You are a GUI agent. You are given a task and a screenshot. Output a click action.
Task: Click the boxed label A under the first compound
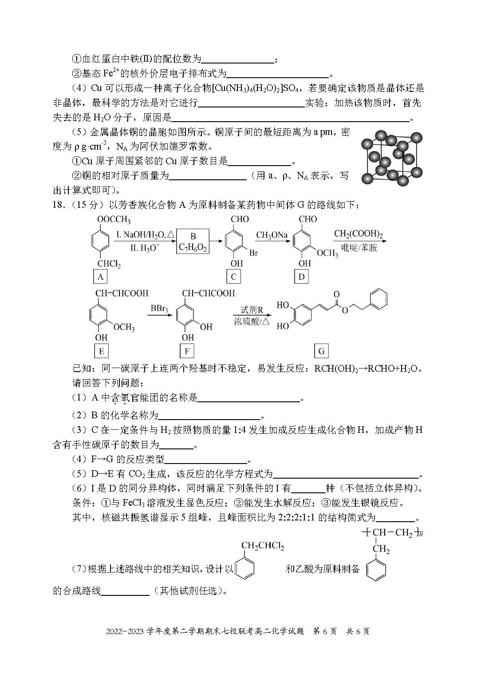(100, 277)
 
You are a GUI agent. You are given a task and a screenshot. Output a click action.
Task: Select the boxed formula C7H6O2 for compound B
(193, 242)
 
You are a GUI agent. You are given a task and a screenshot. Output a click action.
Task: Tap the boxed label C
(233, 277)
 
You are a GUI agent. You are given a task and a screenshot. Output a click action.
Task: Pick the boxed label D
(302, 277)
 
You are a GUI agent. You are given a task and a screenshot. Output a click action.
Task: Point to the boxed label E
(101, 351)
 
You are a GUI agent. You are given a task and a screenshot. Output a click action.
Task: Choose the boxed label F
(187, 351)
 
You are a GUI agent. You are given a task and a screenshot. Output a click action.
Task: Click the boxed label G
(321, 351)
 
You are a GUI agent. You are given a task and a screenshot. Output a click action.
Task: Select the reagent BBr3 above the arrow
(159, 308)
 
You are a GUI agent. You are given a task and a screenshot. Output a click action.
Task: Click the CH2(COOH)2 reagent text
(358, 234)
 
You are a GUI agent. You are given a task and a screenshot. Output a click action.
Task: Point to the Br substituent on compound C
(253, 253)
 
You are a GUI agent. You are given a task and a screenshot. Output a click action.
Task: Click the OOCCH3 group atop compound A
(114, 220)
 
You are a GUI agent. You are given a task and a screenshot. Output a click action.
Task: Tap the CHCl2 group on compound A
(109, 264)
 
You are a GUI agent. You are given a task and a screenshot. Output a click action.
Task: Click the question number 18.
(59, 205)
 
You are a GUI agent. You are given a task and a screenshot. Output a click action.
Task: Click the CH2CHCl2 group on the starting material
(262, 546)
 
